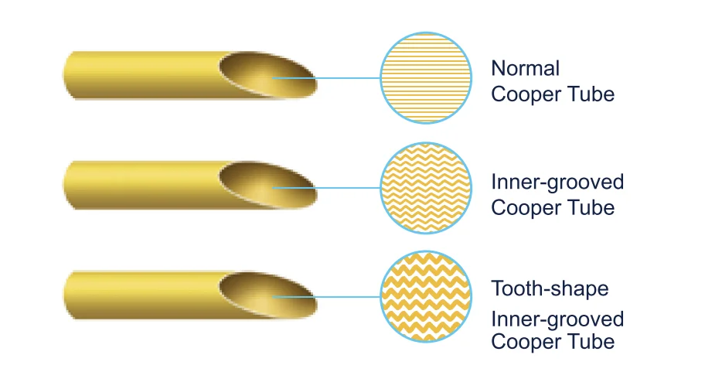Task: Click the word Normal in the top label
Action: (x=525, y=69)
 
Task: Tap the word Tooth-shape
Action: (x=550, y=288)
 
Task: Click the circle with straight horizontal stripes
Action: (x=426, y=78)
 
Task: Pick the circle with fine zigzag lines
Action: (x=426, y=188)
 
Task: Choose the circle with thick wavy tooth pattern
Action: (x=426, y=297)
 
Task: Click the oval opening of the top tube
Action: (x=268, y=75)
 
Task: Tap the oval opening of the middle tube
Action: (x=268, y=185)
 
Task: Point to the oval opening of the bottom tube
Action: (x=268, y=295)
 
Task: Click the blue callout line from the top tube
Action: (x=326, y=78)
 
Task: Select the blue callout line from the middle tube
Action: (x=326, y=188)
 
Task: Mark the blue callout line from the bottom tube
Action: (x=326, y=297)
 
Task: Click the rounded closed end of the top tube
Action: (x=68, y=75)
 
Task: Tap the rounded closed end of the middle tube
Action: (x=68, y=185)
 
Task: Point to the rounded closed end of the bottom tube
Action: (x=68, y=295)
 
